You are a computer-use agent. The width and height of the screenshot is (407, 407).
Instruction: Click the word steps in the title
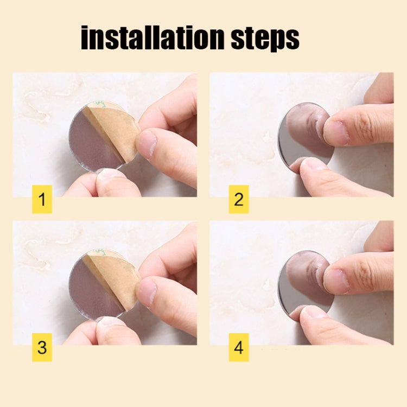point(265,40)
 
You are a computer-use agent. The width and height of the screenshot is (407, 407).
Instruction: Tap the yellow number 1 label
point(42,199)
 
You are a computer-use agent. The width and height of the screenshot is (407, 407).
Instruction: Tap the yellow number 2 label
point(239,199)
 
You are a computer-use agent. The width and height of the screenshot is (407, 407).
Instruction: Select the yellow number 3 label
point(42,347)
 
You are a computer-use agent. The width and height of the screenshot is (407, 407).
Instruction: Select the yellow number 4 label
point(239,347)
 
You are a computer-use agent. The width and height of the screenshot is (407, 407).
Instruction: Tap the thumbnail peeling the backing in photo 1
point(147,144)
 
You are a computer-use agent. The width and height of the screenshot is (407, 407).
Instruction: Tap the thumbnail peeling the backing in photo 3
point(147,292)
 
